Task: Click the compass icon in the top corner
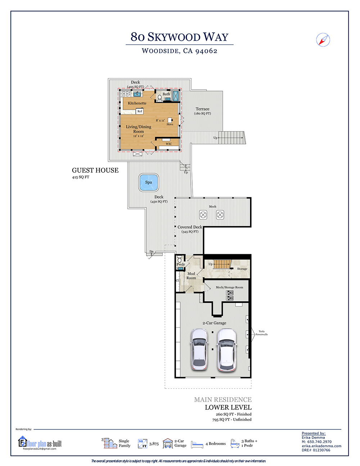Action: pos(323,40)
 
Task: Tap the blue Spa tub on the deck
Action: pos(148,182)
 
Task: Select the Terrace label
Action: pos(202,109)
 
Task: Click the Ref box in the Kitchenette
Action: pos(140,111)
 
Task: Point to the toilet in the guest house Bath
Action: pos(159,98)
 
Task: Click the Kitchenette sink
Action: pos(137,94)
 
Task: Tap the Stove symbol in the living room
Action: pos(170,120)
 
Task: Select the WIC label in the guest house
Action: pos(168,144)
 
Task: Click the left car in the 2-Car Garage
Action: pos(199,349)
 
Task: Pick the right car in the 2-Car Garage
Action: pos(227,350)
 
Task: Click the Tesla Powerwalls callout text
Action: pos(261,333)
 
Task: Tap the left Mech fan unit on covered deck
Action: pos(203,215)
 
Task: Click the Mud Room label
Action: pos(191,276)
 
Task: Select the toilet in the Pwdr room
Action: pos(180,259)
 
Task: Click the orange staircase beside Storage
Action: pos(222,264)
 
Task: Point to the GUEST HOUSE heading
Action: pos(95,170)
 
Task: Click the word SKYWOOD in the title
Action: pos(174,37)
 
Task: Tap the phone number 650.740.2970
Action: pos(319,442)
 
